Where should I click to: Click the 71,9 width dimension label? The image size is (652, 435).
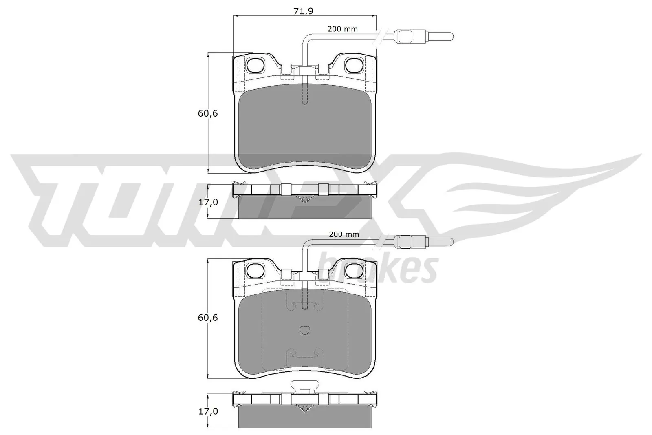pos(303,11)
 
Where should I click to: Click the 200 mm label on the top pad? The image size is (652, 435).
pos(343,29)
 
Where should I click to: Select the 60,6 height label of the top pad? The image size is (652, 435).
pos(208,114)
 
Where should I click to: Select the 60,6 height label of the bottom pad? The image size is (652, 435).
pos(208,318)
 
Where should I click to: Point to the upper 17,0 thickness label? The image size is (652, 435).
pos(208,202)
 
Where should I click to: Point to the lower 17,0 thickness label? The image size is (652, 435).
pos(208,411)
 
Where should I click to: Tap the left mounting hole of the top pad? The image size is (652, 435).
pos(256,64)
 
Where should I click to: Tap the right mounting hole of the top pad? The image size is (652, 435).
pos(353,64)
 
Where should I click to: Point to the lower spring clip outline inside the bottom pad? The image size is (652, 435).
pos(304,356)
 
